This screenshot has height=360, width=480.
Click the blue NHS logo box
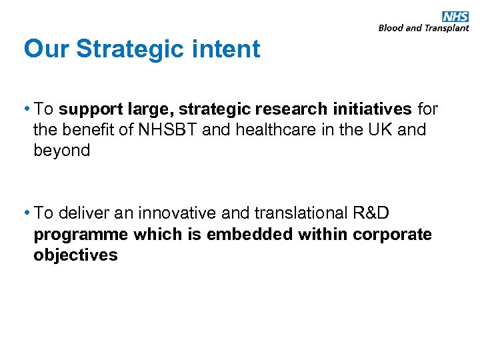pos(455,17)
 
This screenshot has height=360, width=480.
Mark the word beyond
pos(61,150)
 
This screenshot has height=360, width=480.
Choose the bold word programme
pos(81,234)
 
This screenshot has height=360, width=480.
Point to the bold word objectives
pos(75,255)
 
